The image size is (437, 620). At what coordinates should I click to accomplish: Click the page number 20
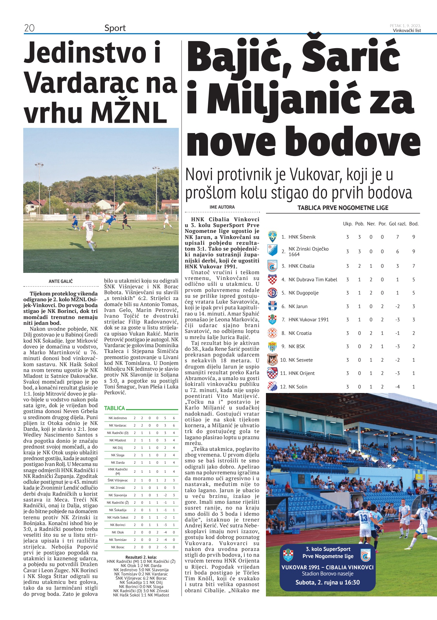[29, 28]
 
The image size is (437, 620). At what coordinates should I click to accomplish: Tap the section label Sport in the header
[115, 28]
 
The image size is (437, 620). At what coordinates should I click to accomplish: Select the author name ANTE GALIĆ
[61, 281]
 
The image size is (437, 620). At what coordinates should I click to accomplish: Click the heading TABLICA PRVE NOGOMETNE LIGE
[343, 208]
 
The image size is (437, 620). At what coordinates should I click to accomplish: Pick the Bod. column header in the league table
[413, 224]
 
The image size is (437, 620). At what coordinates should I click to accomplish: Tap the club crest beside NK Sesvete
[272, 360]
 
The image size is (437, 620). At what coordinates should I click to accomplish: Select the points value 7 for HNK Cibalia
[413, 266]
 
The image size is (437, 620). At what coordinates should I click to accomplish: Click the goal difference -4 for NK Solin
[397, 387]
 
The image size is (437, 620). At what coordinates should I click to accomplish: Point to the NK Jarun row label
[298, 306]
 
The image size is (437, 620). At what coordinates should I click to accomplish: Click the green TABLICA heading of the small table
[114, 408]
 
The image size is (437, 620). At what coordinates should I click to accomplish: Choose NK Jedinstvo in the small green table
[118, 418]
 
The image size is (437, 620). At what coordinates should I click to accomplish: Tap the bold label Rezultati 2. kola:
[141, 557]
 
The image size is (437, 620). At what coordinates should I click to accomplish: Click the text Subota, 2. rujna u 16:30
[327, 583]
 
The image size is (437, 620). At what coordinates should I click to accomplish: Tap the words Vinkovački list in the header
[407, 30]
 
